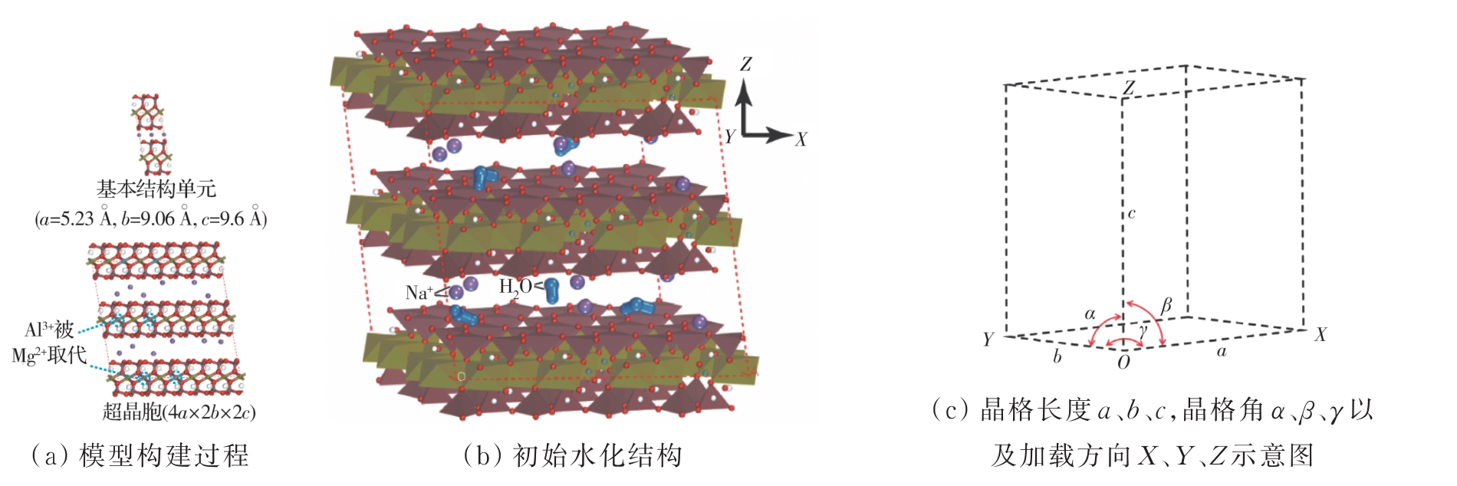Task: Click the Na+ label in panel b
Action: click(x=419, y=291)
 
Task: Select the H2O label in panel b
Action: click(x=515, y=287)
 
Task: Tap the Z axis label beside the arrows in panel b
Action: click(x=746, y=64)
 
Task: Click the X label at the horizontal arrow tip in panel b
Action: click(x=801, y=140)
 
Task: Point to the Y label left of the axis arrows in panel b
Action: click(x=730, y=136)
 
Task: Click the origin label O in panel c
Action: click(x=1123, y=363)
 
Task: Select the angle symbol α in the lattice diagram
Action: click(x=1090, y=314)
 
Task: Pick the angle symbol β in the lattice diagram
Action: click(x=1166, y=306)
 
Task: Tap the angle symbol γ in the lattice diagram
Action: click(x=1143, y=331)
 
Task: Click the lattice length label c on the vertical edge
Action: click(x=1131, y=214)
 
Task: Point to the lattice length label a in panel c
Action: click(x=1222, y=352)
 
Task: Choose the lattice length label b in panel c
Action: click(x=1057, y=356)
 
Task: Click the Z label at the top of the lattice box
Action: click(x=1129, y=88)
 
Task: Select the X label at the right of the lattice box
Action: click(x=1321, y=335)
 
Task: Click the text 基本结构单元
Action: click(x=156, y=189)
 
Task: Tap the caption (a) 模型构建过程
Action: click(x=140, y=456)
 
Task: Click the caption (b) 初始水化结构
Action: click(x=573, y=456)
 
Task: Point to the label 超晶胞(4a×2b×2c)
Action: click(x=179, y=412)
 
